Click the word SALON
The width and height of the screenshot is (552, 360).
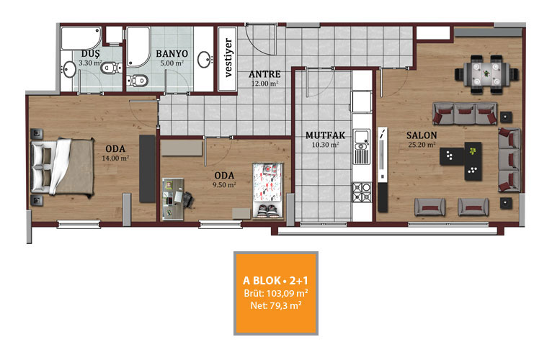(422, 135)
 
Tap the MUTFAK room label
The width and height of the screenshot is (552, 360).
(325, 135)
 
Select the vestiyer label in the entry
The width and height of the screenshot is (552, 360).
(228, 58)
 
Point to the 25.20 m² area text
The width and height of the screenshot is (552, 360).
(422, 144)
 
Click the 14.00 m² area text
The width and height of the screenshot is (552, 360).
(115, 158)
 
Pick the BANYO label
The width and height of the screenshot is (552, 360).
(172, 54)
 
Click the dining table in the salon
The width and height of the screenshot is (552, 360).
(486, 74)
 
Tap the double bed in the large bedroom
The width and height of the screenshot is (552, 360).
(63, 166)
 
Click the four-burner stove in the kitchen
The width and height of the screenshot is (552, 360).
(362, 192)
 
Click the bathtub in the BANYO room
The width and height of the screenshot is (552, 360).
(138, 47)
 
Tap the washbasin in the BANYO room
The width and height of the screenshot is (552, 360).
(205, 60)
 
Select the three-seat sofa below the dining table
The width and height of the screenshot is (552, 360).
(465, 113)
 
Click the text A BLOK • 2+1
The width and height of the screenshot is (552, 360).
(275, 281)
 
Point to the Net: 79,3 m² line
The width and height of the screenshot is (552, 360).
(276, 305)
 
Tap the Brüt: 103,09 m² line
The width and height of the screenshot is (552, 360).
(276, 293)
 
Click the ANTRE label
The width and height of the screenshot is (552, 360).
(264, 74)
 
